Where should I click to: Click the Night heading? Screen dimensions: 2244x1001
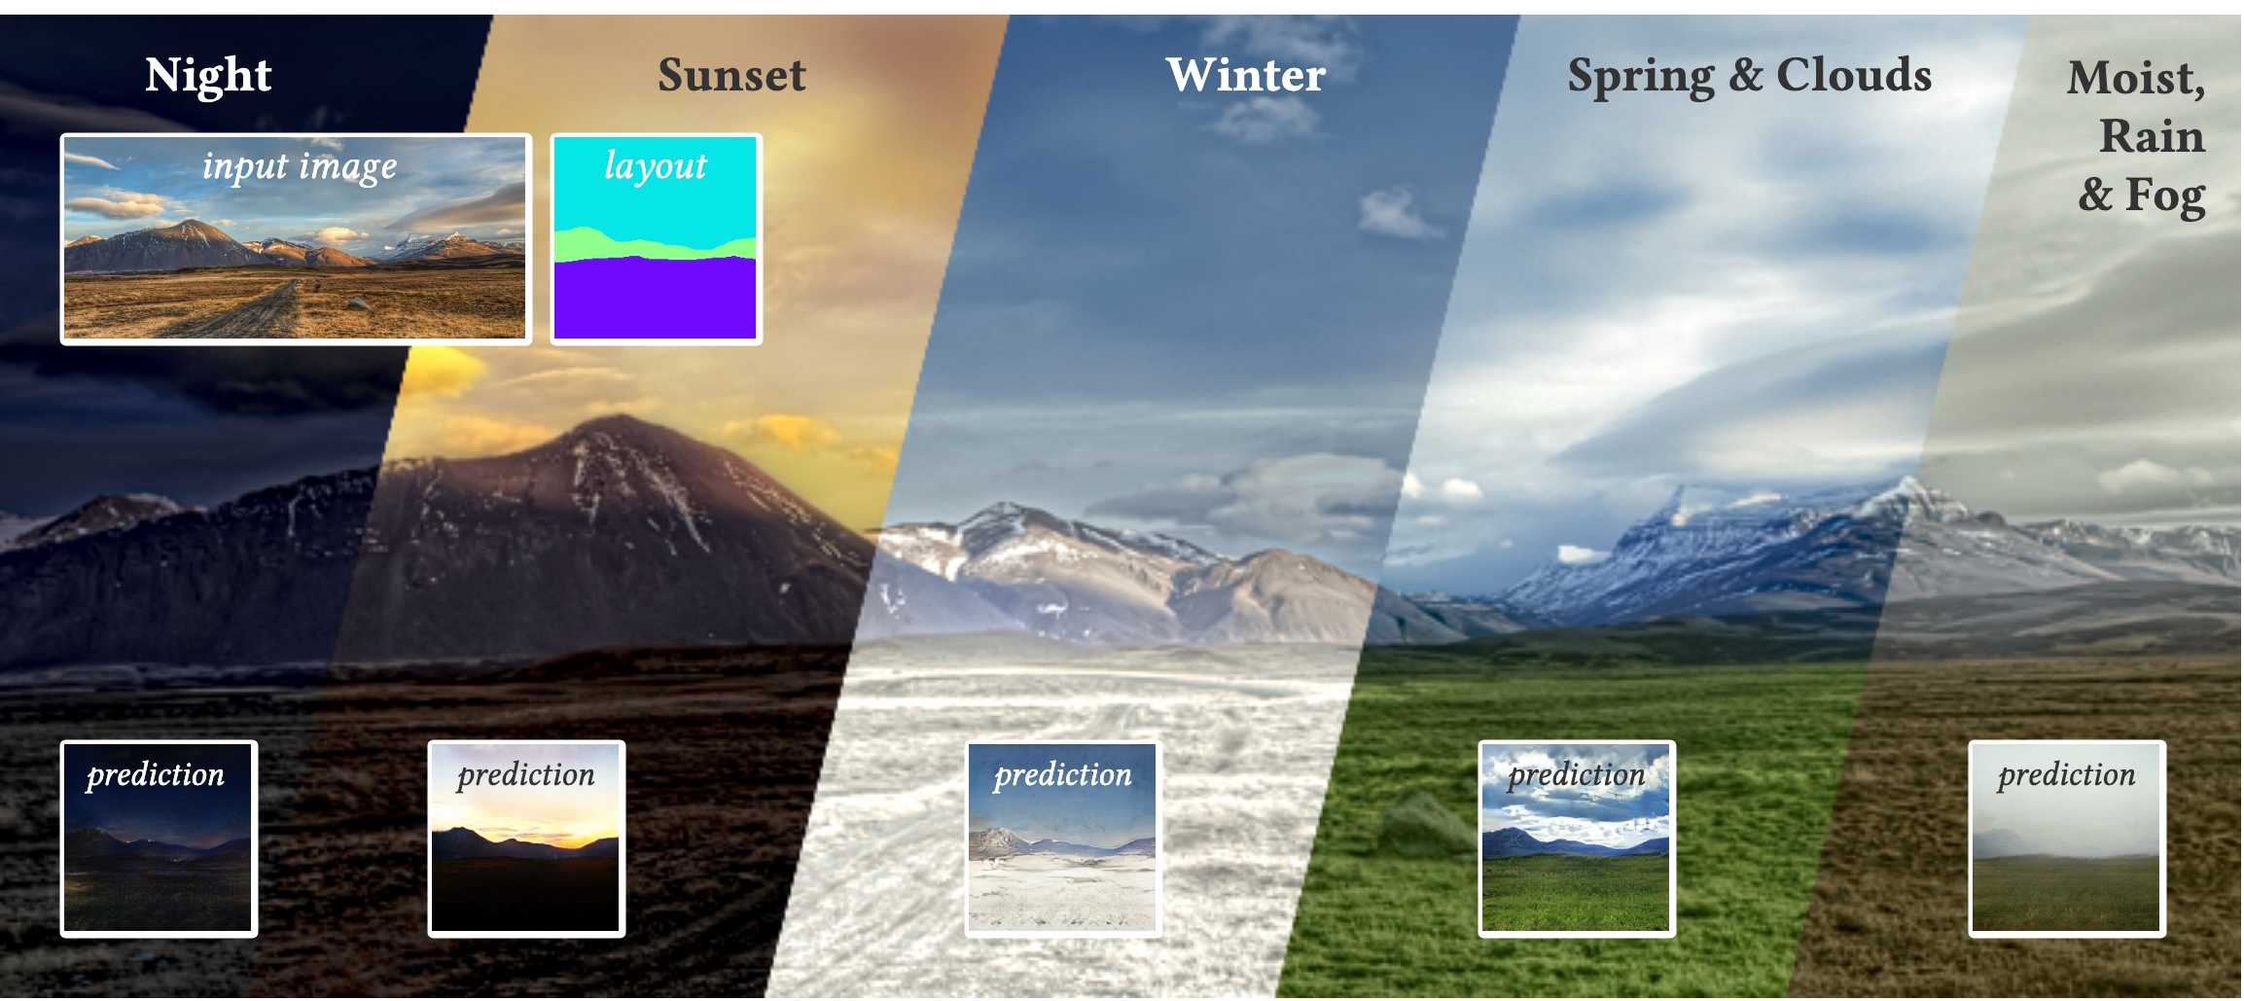tap(208, 75)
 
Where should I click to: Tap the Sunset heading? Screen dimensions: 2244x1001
tap(731, 75)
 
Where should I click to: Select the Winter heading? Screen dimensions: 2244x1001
tap(1246, 75)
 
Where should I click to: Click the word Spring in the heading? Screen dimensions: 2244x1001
tap(1641, 77)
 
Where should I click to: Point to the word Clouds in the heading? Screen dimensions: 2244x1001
tap(1854, 75)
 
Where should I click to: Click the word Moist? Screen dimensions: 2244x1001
tap(2136, 79)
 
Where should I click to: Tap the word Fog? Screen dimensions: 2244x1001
tap(2165, 196)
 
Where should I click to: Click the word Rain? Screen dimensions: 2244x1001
tap(2152, 136)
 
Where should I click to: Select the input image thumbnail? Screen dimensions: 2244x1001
tap(296, 239)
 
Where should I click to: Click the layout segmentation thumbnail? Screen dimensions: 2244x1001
tap(656, 239)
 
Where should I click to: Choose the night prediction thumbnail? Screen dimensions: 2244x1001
tap(159, 839)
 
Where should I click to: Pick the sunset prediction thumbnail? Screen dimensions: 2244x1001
tap(526, 839)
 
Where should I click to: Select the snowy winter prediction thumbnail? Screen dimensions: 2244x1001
tap(1063, 839)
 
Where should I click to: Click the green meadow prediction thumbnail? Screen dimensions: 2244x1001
tap(1577, 839)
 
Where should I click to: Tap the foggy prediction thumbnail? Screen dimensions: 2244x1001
tap(2067, 839)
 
